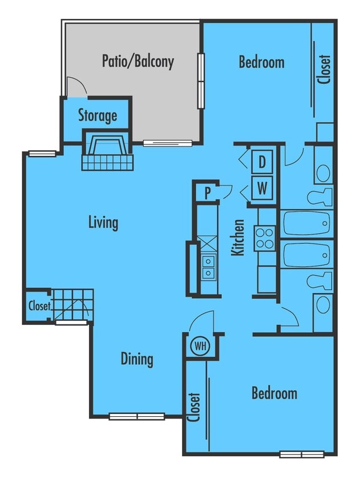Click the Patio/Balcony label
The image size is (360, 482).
tap(137, 61)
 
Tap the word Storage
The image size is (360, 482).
tap(98, 116)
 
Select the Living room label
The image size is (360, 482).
tap(103, 222)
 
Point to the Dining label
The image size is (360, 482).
tap(137, 359)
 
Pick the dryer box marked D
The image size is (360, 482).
tap(262, 162)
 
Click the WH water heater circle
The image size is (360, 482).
tap(200, 346)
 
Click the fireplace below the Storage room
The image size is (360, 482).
tap(107, 151)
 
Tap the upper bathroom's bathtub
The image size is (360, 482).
tap(307, 222)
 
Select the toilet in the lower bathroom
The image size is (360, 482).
tap(319, 280)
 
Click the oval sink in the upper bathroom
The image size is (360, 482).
tap(323, 172)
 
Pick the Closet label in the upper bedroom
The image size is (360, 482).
tap(325, 69)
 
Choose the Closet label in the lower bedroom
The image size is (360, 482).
tap(194, 406)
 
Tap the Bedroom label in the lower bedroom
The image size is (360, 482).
tap(274, 393)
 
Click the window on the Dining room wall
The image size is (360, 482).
tap(136, 416)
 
